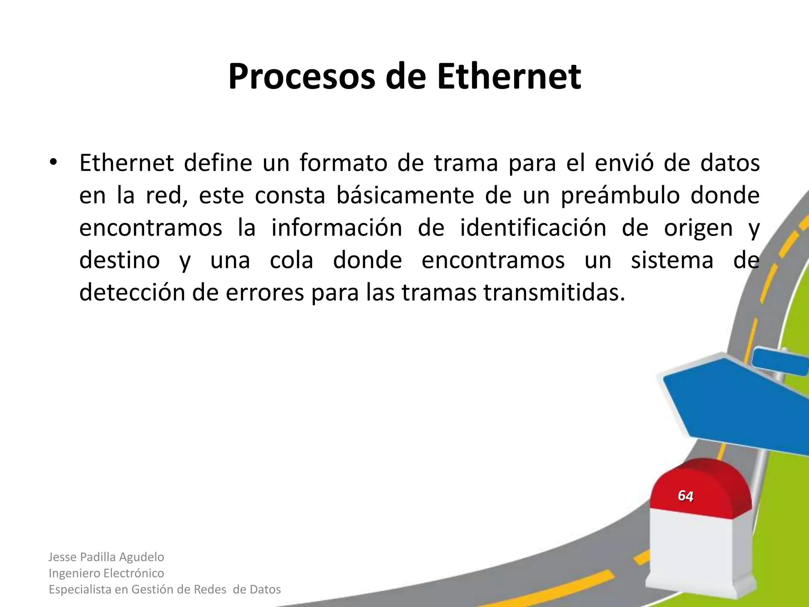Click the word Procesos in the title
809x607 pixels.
coord(301,77)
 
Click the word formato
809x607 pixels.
coord(343,163)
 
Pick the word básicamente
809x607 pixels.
coord(405,195)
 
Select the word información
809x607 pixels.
coord(337,228)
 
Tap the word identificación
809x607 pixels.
coord(533,228)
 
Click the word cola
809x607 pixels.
coord(292,260)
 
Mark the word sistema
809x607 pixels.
coord(672,260)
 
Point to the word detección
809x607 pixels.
coord(132,293)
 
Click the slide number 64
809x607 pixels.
coord(685,496)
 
